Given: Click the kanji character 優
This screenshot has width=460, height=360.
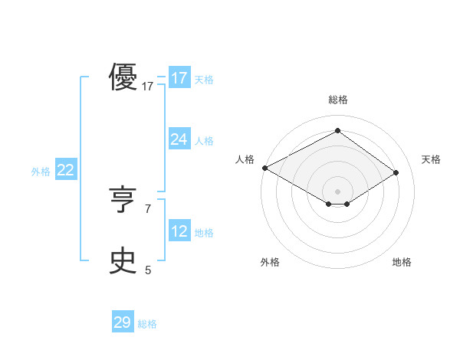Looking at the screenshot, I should pyautogui.click(x=123, y=77).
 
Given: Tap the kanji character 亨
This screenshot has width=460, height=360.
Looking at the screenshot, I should pyautogui.click(x=123, y=200).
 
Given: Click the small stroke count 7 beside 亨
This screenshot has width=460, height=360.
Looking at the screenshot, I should pyautogui.click(x=148, y=208).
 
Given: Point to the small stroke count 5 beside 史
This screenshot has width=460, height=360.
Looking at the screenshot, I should pyautogui.click(x=148, y=270).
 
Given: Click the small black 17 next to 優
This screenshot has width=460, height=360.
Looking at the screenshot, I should pyautogui.click(x=148, y=87).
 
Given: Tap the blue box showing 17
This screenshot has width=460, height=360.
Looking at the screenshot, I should pyautogui.click(x=179, y=77).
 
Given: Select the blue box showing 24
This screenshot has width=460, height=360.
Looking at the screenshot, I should pyautogui.click(x=179, y=139).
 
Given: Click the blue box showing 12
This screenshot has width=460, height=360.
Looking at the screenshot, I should pyautogui.click(x=179, y=231).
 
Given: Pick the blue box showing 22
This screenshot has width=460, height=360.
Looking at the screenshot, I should pyautogui.click(x=65, y=170).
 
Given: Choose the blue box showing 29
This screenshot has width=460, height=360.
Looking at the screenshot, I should pyautogui.click(x=123, y=322).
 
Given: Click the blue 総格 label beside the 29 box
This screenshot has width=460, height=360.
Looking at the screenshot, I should pyautogui.click(x=147, y=324).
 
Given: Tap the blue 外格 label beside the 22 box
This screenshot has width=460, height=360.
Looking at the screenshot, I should pyautogui.click(x=41, y=172).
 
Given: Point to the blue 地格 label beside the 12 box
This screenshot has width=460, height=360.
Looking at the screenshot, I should pyautogui.click(x=204, y=233).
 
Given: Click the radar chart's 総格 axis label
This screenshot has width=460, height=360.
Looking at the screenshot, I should pyautogui.click(x=337, y=100).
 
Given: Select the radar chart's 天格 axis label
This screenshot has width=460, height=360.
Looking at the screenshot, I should pyautogui.click(x=431, y=159).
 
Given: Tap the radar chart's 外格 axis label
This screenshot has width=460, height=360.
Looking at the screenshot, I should pyautogui.click(x=270, y=262).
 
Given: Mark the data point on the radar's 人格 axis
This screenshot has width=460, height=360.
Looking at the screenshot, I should pyautogui.click(x=264, y=167).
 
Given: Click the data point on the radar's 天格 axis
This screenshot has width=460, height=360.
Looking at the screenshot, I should pyautogui.click(x=396, y=172).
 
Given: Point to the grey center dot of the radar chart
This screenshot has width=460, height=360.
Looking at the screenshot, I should pyautogui.click(x=337, y=191).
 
